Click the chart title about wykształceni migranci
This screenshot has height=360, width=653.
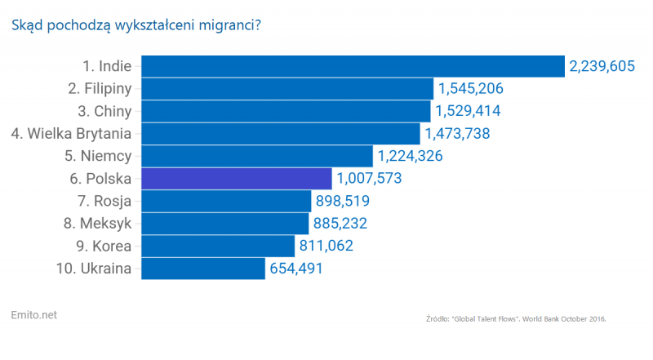135,26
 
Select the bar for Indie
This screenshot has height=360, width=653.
353,66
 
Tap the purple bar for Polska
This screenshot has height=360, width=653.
237,178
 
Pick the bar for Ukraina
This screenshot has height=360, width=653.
203,269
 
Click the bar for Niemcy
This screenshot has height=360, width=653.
257,156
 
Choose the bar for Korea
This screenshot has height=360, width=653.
218,246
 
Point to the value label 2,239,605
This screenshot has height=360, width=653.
602,66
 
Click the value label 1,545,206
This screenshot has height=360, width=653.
471,89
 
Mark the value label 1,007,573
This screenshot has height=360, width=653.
369,178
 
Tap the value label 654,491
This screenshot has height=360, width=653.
295,269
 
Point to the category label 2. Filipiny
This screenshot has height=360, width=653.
100,88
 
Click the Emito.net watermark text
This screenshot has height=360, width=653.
35,314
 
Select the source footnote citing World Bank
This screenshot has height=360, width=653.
517,318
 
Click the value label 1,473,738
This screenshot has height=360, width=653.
456,133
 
